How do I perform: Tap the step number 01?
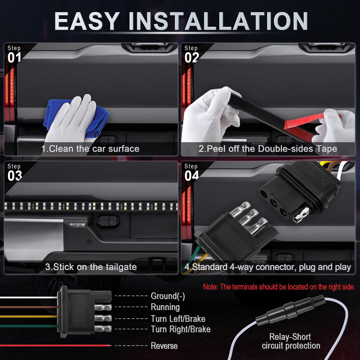coord(14,58)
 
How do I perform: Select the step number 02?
coord(192,58)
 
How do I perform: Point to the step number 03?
coord(15,176)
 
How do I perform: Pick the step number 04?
coord(192,176)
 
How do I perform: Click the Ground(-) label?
coord(168,296)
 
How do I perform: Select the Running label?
coord(165,307)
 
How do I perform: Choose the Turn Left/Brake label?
coord(178,319)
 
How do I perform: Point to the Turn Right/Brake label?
coord(181,329)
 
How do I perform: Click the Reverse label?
coord(164,346)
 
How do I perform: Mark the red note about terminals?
coord(279,287)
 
